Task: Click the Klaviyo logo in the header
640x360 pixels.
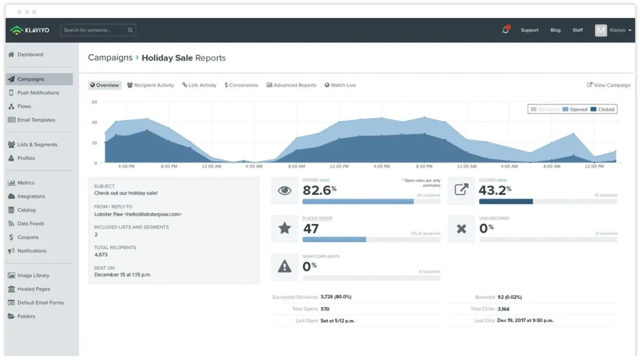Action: pos(30,30)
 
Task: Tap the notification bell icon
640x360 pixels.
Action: pos(505,30)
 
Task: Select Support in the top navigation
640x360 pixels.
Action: pos(529,30)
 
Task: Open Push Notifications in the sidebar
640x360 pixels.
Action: pos(38,92)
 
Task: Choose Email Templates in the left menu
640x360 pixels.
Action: pos(36,120)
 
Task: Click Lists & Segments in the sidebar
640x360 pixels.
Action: pos(37,144)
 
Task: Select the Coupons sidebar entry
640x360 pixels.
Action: pos(28,237)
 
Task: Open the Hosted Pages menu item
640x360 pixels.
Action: pos(34,289)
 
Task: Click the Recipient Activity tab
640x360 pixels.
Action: pos(151,85)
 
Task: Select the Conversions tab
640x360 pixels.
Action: pos(241,85)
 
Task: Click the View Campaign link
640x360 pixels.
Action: pos(609,85)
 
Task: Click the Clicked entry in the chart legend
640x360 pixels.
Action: pos(602,109)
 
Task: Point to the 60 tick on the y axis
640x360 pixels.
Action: pos(94,102)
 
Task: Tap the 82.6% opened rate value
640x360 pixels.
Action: pos(319,190)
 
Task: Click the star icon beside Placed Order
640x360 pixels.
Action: pos(284,229)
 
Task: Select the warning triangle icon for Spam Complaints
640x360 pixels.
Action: pos(284,267)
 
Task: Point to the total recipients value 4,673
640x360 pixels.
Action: pos(101,255)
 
